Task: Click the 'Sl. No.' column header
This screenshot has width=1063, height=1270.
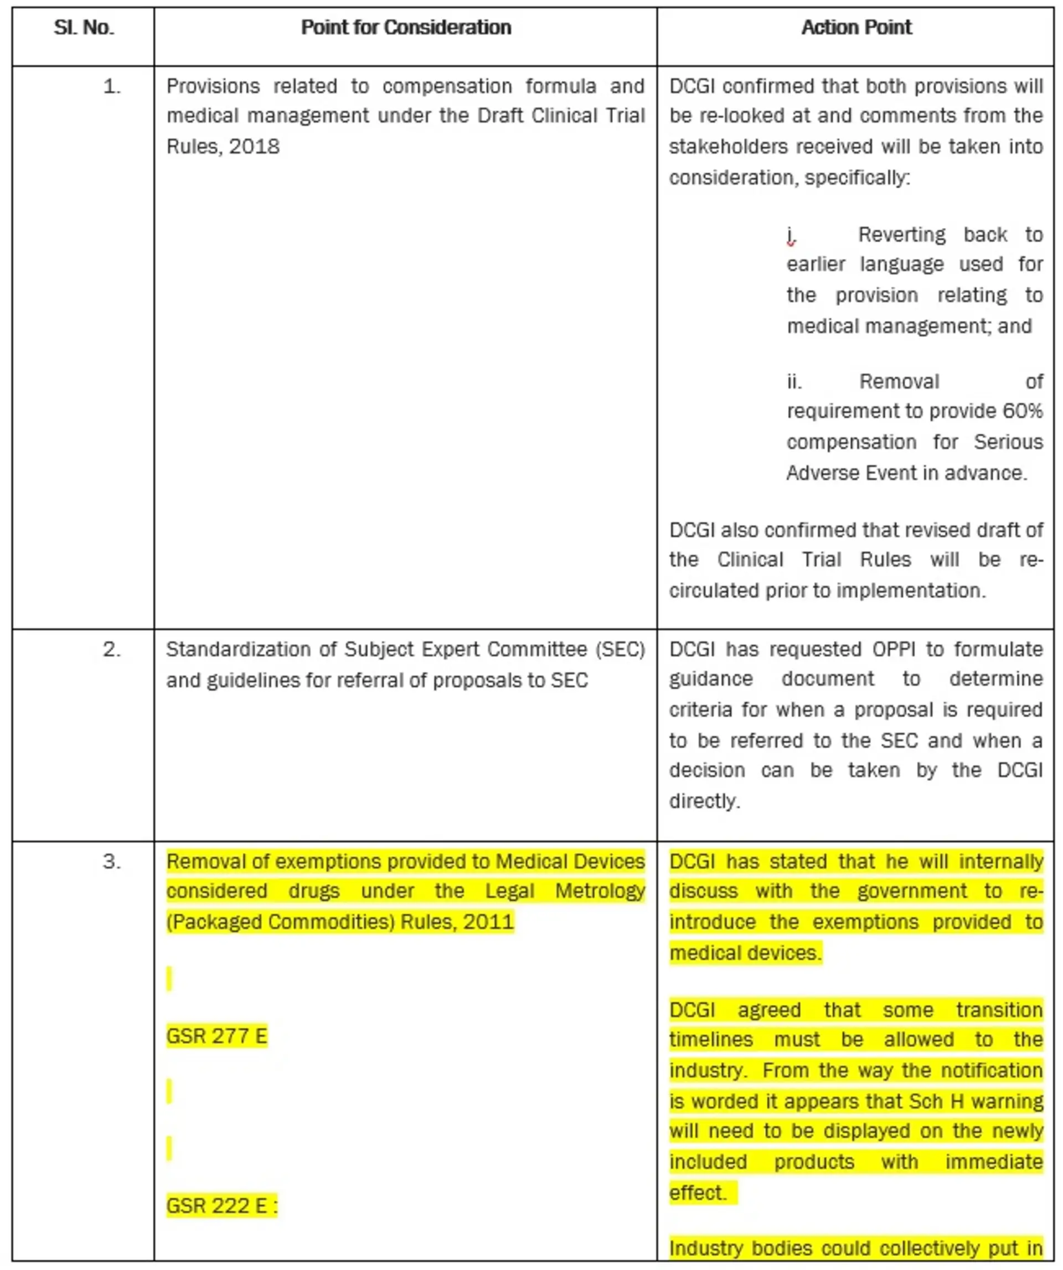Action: tap(84, 28)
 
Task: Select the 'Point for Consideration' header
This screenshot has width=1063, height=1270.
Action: tap(406, 28)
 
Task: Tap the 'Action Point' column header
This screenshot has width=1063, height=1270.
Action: tap(856, 28)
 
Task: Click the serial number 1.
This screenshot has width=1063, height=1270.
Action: tap(112, 87)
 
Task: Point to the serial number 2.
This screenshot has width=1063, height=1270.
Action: tap(112, 650)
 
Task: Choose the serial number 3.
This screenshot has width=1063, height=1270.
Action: tap(112, 862)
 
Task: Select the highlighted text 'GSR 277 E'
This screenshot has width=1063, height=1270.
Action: tap(216, 1036)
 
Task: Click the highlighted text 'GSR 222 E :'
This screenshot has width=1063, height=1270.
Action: tap(221, 1205)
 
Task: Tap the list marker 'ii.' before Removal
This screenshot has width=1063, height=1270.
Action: tap(794, 382)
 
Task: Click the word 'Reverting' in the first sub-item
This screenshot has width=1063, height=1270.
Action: tap(901, 235)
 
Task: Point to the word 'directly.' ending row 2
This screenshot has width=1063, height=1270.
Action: tap(704, 801)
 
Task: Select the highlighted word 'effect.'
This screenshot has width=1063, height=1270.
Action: tap(697, 1193)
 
